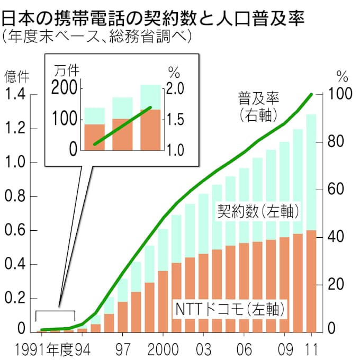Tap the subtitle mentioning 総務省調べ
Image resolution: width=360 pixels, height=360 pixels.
(x=95, y=38)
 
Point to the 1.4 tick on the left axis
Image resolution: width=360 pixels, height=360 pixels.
(x=16, y=95)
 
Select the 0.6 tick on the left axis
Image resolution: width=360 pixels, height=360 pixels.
(x=16, y=231)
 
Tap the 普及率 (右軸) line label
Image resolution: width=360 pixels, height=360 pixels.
(x=259, y=105)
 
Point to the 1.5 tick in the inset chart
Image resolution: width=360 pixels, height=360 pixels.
(x=178, y=120)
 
